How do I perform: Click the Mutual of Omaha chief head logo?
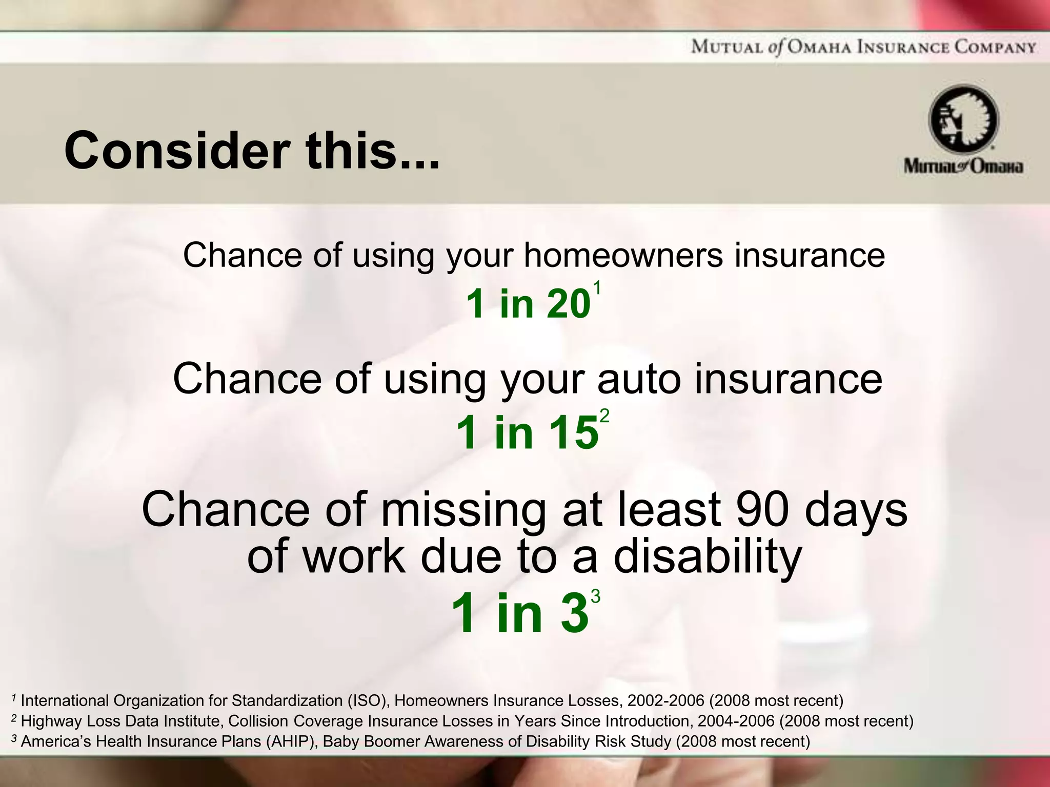(x=963, y=119)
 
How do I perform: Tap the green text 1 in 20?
(x=528, y=304)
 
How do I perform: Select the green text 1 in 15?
(x=527, y=433)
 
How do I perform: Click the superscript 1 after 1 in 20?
(x=596, y=288)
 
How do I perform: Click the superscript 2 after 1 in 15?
(x=604, y=416)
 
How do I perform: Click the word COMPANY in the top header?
(x=995, y=48)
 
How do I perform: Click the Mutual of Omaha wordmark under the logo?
(x=963, y=167)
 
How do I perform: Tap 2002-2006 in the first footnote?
(x=665, y=700)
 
